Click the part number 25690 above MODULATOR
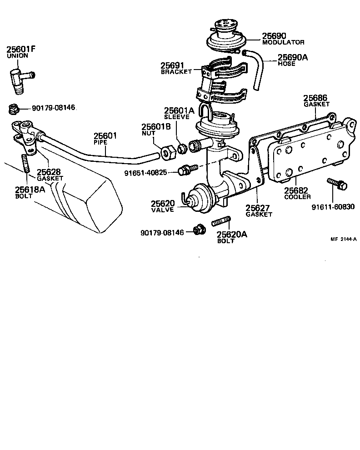click(x=275, y=35)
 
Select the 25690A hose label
click(x=293, y=57)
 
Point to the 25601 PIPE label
click(x=105, y=138)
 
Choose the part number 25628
click(x=48, y=172)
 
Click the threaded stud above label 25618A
click(x=25, y=164)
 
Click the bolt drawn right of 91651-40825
click(x=186, y=170)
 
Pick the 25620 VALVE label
click(x=163, y=205)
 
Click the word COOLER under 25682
click(x=298, y=197)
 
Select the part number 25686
click(x=315, y=98)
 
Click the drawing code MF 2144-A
click(x=343, y=240)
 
